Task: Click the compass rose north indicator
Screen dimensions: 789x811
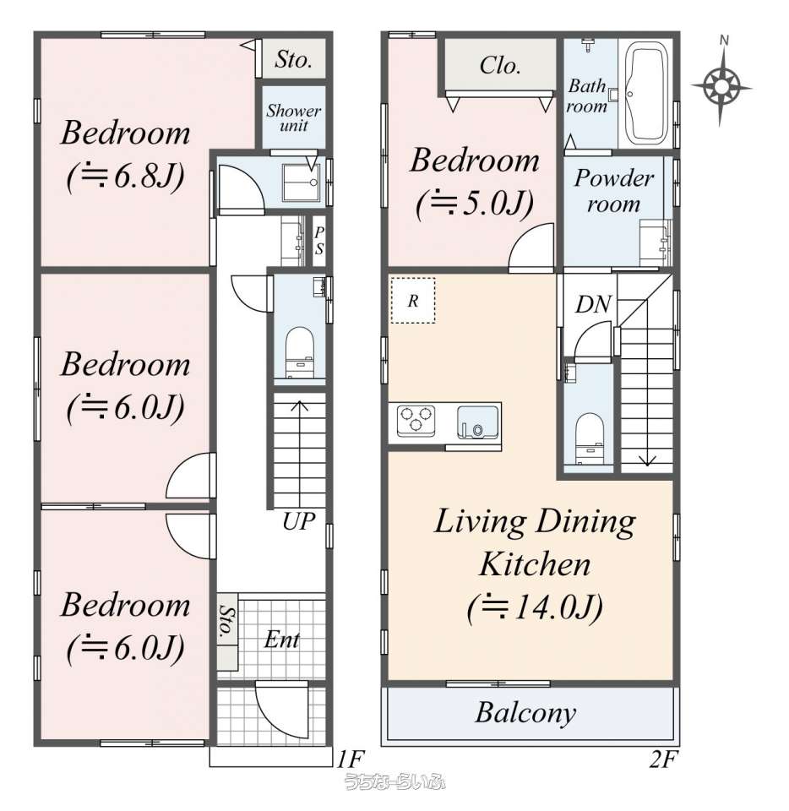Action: pos(721,82)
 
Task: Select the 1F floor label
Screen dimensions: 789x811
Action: pos(351,759)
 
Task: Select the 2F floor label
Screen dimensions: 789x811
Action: pos(662,759)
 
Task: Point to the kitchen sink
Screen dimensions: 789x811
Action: pos(478,422)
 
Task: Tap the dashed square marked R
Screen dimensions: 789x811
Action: pos(412,301)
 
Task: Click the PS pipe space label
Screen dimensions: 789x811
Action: pos(319,241)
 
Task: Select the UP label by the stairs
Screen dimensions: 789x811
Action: pos(299,521)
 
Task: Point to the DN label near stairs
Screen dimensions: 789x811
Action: pos(594,304)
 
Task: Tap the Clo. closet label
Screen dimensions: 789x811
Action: pos(499,66)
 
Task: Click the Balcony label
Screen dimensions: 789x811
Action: pos(525,713)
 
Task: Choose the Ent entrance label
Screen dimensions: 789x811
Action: pos(282,640)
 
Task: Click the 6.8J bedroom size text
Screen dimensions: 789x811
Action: pos(126,177)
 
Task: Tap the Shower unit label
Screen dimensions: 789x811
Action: pos(294,118)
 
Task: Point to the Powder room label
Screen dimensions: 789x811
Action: pos(614,191)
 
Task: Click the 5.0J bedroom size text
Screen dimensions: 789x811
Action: pos(475,204)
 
